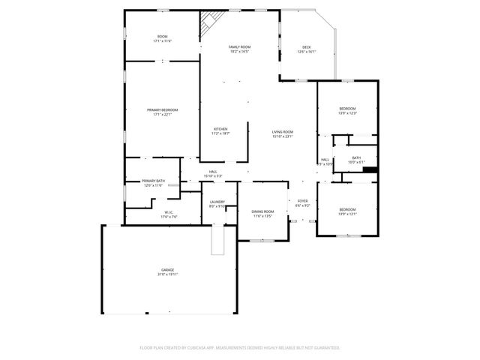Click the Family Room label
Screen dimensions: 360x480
point(240,47)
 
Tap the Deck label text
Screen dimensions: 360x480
point(307,47)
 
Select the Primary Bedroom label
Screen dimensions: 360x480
point(162,110)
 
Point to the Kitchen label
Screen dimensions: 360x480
point(220,129)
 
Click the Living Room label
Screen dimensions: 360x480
point(282,132)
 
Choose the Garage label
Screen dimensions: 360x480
point(167,269)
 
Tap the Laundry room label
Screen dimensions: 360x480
point(217,202)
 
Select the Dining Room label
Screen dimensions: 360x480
point(262,211)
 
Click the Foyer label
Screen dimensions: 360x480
point(303,201)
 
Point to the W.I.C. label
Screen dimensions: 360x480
point(169,212)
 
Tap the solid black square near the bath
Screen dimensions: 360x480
point(369,169)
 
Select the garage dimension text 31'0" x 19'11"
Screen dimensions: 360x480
point(167,274)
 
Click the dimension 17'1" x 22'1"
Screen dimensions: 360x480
point(162,115)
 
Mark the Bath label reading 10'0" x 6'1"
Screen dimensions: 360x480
point(356,160)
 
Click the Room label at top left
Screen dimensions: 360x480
point(162,37)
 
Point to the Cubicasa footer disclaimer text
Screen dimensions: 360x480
point(240,348)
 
